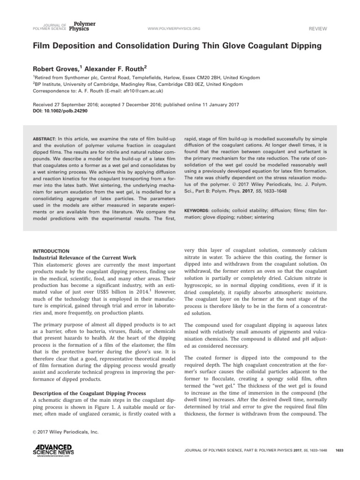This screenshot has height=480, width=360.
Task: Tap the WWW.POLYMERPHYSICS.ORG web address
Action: pyautogui.click(x=174, y=29)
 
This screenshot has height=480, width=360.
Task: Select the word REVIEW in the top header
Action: pyautogui.click(x=317, y=29)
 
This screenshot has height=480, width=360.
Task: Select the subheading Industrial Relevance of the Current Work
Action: pyautogui.click(x=84, y=258)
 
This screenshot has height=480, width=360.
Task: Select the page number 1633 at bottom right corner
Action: pyautogui.click(x=340, y=450)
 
